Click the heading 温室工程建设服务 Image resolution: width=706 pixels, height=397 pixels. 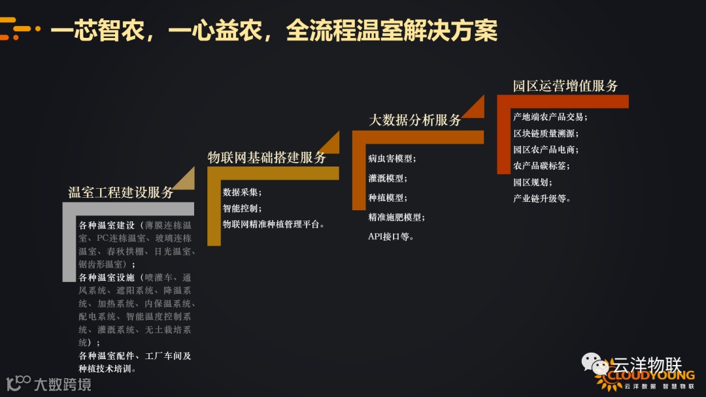coord(121,193)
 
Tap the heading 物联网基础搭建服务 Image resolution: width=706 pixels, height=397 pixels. coord(267,157)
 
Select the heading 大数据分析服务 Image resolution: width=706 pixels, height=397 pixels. coord(415,120)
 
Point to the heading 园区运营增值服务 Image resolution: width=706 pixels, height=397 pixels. coord(565,86)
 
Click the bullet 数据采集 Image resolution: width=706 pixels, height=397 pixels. coord(242,192)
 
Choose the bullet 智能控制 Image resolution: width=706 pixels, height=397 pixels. coord(242,208)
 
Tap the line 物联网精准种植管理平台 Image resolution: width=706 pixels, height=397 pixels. coord(273,224)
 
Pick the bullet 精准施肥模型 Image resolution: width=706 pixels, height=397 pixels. coord(396,217)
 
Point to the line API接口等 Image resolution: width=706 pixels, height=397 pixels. coord(391,236)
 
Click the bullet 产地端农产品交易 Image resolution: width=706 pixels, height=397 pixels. coord(550,117)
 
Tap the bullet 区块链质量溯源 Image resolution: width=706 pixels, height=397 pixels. coord(546,133)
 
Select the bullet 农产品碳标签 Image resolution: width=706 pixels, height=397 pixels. coord(546,166)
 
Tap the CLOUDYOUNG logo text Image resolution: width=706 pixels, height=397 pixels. coord(650,375)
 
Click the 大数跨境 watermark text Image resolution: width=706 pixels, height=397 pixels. coord(62,384)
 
